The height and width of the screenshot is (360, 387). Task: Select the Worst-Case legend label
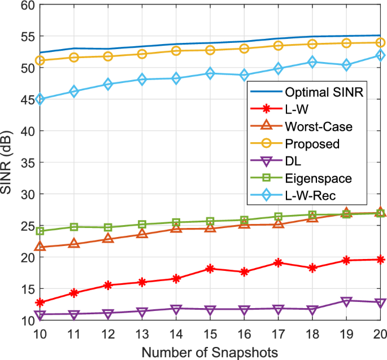(319, 126)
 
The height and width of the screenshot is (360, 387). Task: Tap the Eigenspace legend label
(319, 178)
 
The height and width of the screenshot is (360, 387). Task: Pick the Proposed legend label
(312, 143)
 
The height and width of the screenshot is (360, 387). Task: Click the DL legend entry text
(294, 161)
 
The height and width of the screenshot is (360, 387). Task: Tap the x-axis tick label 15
(210, 335)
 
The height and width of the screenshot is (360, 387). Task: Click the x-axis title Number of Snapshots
(210, 352)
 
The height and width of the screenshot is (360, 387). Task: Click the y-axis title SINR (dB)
(8, 163)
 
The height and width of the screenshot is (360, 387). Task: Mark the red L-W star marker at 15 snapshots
(210, 269)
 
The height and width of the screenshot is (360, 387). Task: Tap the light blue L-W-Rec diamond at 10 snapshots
(40, 99)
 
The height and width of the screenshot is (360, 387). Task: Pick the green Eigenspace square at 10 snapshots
(40, 231)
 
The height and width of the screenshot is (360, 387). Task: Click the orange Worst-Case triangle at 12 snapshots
(108, 239)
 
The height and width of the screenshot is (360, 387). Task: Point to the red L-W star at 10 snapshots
(40, 302)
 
